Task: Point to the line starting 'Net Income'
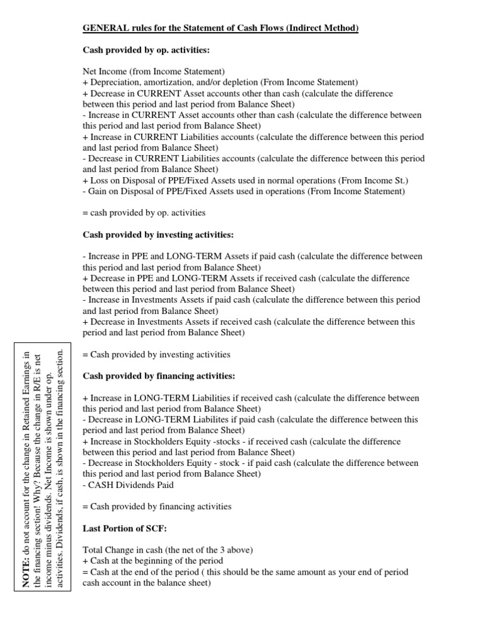[154, 72]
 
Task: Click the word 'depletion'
[249, 82]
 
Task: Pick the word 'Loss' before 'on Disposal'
[99, 180]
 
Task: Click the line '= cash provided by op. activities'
[144, 213]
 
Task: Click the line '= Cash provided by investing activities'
[156, 355]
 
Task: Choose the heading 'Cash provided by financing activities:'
[159, 376]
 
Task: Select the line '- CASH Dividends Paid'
[126, 485]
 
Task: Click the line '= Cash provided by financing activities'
[157, 506]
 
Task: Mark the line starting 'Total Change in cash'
[168, 550]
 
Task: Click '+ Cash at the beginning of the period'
[153, 561]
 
